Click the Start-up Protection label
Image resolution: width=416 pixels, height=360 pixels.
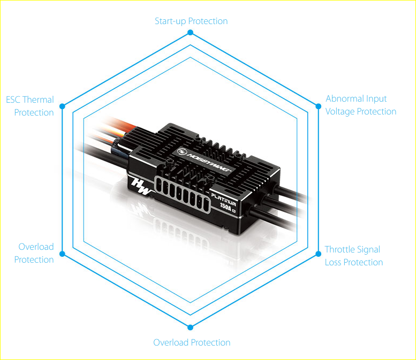click(191, 21)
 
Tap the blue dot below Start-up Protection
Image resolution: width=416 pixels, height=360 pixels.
click(190, 32)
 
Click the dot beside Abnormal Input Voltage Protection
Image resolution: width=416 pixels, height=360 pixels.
click(319, 106)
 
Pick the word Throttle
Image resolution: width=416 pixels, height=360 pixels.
click(339, 249)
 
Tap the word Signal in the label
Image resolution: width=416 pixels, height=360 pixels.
click(368, 250)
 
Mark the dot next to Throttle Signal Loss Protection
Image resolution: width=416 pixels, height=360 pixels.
click(319, 254)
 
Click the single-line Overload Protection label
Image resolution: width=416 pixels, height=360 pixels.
click(192, 342)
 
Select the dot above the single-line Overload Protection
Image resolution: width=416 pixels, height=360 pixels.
click(190, 327)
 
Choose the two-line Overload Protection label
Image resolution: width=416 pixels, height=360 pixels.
click(34, 253)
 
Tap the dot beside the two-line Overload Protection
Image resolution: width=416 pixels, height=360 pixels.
click(62, 254)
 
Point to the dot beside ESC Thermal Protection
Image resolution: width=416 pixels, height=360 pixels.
click(62, 106)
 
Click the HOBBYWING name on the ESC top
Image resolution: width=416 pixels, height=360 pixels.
click(209, 162)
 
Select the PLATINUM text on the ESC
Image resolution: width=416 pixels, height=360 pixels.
click(223, 200)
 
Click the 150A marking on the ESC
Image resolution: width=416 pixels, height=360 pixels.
click(226, 206)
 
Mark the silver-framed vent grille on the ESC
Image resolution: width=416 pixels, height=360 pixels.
click(183, 194)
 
